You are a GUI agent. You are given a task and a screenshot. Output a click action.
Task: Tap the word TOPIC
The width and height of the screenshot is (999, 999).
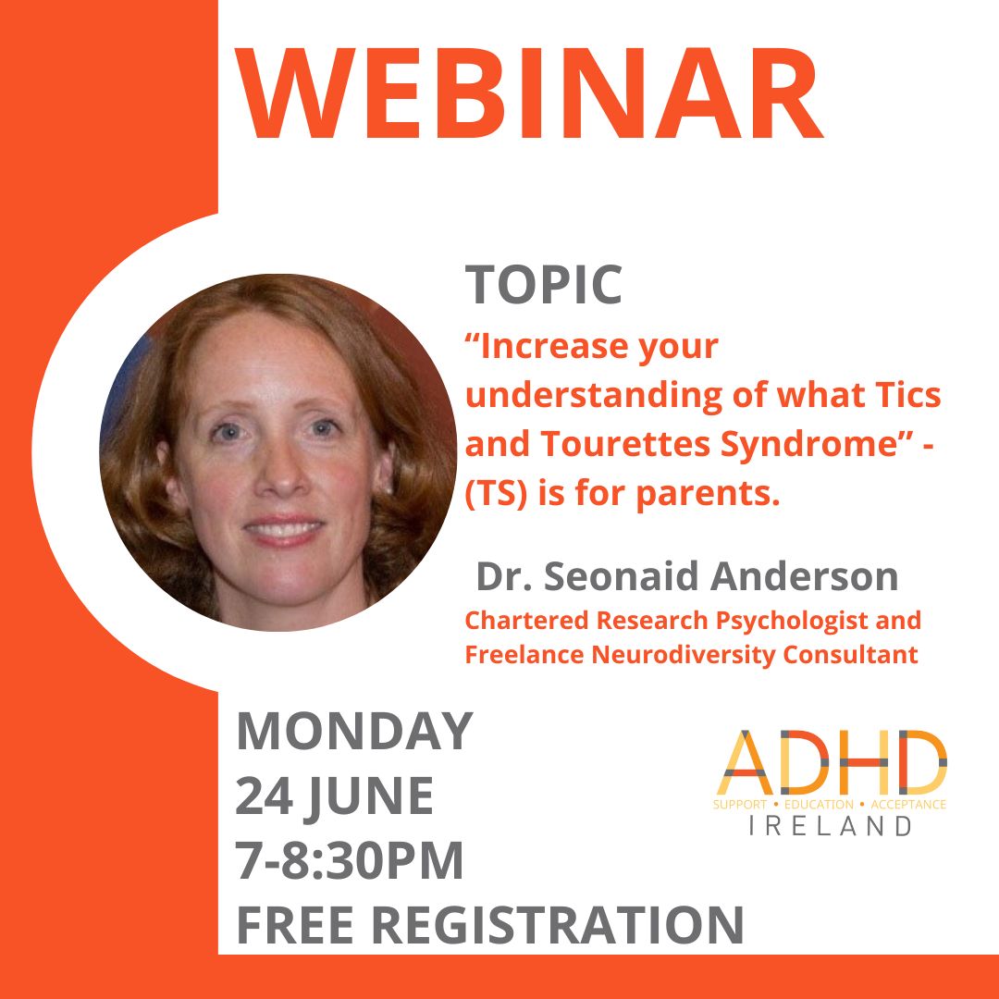click(544, 284)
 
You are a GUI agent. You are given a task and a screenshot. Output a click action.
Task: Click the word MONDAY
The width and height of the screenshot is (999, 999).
click(354, 731)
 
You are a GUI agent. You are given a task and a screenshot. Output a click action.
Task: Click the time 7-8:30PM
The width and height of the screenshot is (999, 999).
click(350, 860)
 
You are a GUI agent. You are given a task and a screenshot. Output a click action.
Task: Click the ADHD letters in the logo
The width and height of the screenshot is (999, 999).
click(830, 765)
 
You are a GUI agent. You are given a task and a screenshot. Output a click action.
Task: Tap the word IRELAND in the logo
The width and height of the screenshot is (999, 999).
click(830, 826)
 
